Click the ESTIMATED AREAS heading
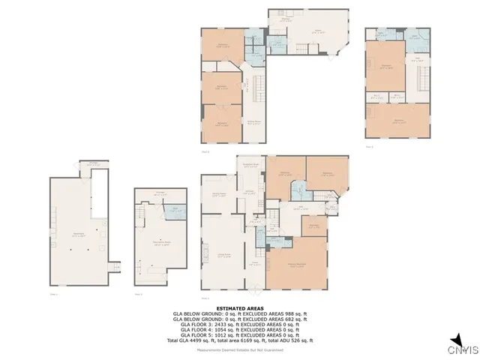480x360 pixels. click(x=240, y=308)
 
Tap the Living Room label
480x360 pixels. click(x=223, y=256)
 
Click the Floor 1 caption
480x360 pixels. click(x=53, y=294)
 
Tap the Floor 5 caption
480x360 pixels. click(x=369, y=147)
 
